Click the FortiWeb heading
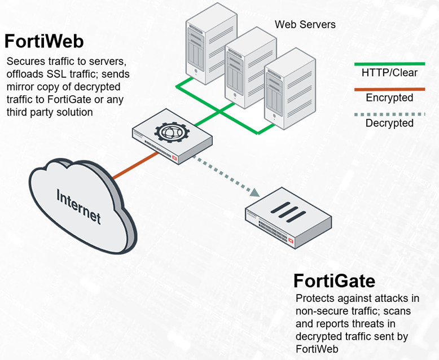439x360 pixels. click(x=44, y=42)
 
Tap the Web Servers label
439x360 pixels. click(x=305, y=24)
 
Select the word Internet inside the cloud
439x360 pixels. click(x=78, y=207)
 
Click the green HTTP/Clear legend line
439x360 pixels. click(x=389, y=64)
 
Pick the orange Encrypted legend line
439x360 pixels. click(x=389, y=89)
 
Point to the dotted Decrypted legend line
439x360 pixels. click(x=389, y=113)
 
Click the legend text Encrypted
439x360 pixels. click(x=389, y=98)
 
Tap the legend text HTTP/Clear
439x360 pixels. click(x=389, y=73)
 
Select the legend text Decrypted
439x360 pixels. click(x=389, y=123)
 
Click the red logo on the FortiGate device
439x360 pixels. click(x=291, y=241)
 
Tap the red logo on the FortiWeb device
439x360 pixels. click(x=174, y=159)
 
